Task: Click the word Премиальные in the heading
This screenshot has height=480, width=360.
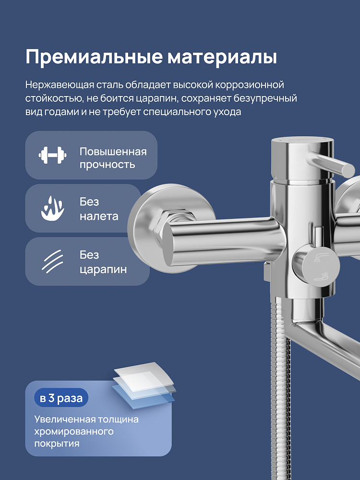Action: pyautogui.click(x=94, y=57)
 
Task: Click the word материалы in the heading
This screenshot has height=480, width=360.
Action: pyautogui.click(x=222, y=57)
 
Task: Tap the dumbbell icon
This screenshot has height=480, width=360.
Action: pyautogui.click(x=52, y=155)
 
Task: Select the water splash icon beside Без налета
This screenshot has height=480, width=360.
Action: pyautogui.click(x=52, y=208)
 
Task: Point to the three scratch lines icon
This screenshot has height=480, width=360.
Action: pyautogui.click(x=52, y=261)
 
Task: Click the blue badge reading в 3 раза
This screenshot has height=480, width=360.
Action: pyautogui.click(x=61, y=398)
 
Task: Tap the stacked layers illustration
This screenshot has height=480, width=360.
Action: pyautogui.click(x=144, y=385)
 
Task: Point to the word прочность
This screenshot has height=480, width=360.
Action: pyautogui.click(x=107, y=165)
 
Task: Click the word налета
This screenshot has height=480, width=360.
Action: pyautogui.click(x=99, y=216)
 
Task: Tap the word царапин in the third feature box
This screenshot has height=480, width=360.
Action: pyautogui.click(x=103, y=270)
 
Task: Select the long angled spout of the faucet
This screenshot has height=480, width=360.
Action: pyautogui.click(x=324, y=346)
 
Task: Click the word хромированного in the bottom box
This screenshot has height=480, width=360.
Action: pyautogui.click(x=74, y=432)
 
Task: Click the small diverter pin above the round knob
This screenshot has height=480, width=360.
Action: pyautogui.click(x=317, y=237)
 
